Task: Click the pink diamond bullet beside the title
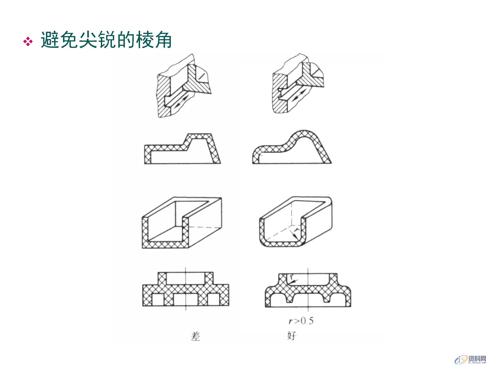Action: [28, 41]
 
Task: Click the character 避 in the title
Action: [50, 40]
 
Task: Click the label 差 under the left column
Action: [195, 336]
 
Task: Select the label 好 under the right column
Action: [292, 336]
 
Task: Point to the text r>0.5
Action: [301, 321]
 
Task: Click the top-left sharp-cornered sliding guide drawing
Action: [183, 86]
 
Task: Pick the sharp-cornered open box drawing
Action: [181, 223]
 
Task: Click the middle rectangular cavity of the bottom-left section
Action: [186, 300]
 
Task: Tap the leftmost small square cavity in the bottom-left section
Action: [158, 300]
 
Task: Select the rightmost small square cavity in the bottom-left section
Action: [213, 300]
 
